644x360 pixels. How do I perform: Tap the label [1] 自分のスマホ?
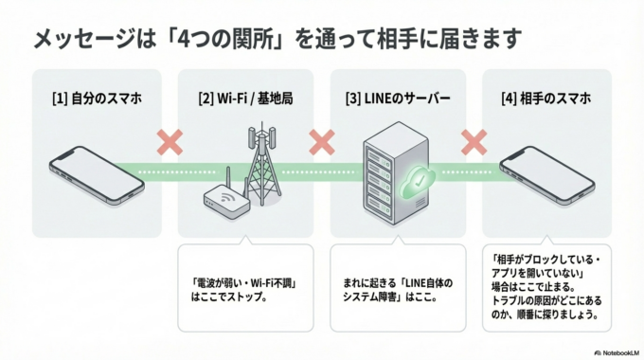(x=91, y=98)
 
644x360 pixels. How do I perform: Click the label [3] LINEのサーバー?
(x=397, y=98)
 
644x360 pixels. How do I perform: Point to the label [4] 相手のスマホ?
(x=546, y=98)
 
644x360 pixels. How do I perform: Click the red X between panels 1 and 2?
(x=170, y=142)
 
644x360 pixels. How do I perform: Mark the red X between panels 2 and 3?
(x=322, y=142)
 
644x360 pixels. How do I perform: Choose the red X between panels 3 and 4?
(x=474, y=142)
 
